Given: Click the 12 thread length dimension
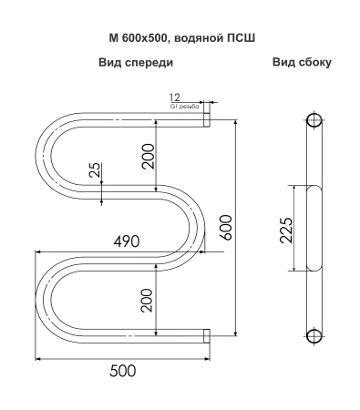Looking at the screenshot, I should point(176,97).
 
